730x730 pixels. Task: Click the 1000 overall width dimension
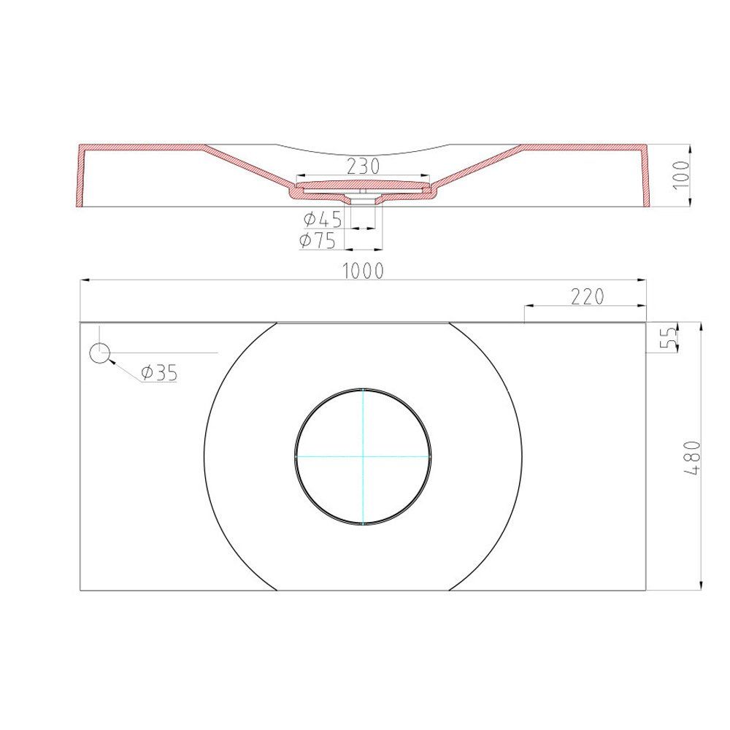tap(363, 271)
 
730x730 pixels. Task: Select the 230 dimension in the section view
tap(363, 166)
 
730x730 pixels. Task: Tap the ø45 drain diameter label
tap(323, 219)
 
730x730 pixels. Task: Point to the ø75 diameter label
tap(318, 240)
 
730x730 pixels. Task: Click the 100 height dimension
tap(681, 174)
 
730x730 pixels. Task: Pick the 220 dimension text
tap(587, 296)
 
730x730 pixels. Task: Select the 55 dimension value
tap(669, 337)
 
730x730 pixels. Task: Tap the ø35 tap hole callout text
tap(160, 372)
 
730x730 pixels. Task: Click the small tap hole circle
tap(99, 353)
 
